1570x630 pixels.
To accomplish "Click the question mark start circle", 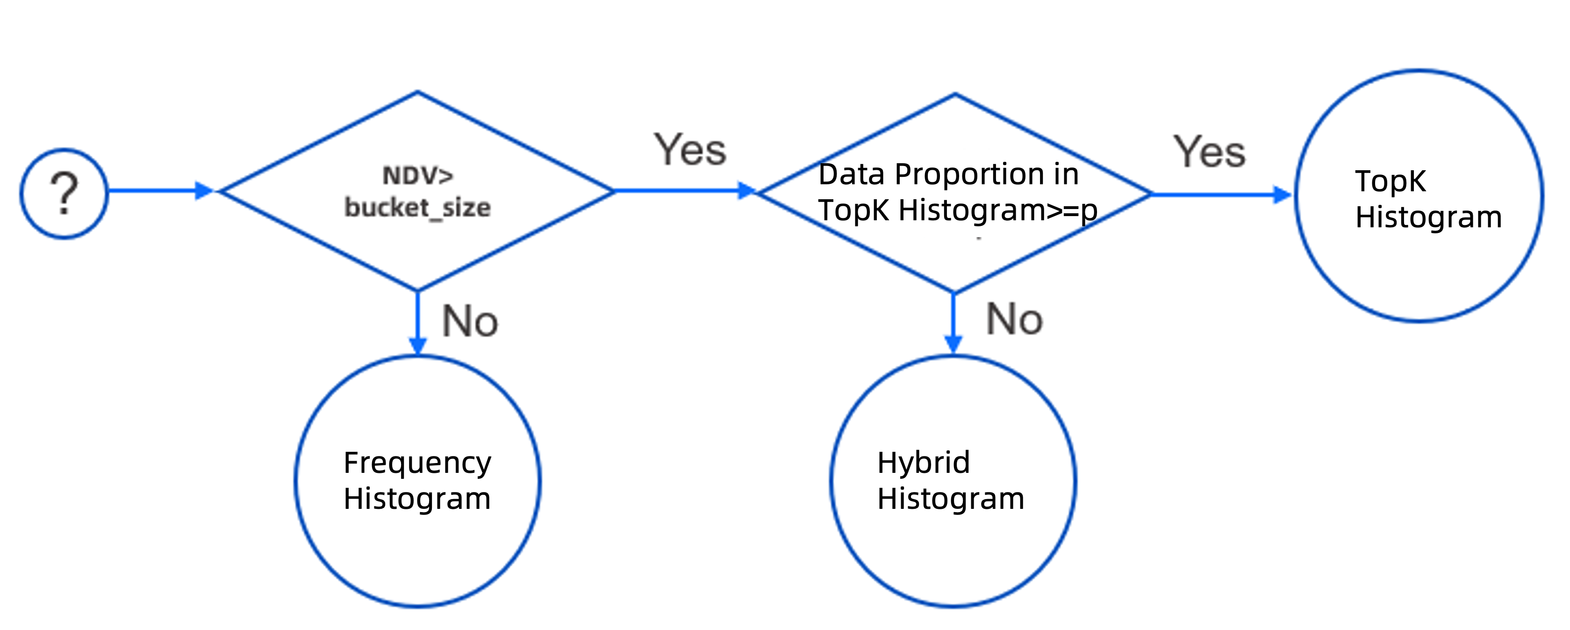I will click(64, 193).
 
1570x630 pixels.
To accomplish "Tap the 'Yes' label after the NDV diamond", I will click(690, 150).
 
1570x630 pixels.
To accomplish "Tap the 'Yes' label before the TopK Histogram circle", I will click(1210, 152).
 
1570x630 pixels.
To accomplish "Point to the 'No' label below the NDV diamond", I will click(470, 321).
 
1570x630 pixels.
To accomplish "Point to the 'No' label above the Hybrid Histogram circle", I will click(1014, 319).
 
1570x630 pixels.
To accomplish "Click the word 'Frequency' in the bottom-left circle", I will click(417, 463).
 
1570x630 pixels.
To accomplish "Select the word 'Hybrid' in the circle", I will click(923, 463).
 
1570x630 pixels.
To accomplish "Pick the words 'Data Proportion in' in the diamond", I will click(948, 174).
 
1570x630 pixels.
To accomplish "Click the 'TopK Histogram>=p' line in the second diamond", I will click(958, 211).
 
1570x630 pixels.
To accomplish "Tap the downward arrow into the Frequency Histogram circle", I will click(417, 323).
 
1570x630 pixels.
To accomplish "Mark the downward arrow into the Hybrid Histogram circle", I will click(953, 323).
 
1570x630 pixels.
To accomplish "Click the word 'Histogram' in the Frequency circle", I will click(417, 500).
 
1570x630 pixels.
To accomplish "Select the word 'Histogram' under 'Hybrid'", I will click(951, 500).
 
